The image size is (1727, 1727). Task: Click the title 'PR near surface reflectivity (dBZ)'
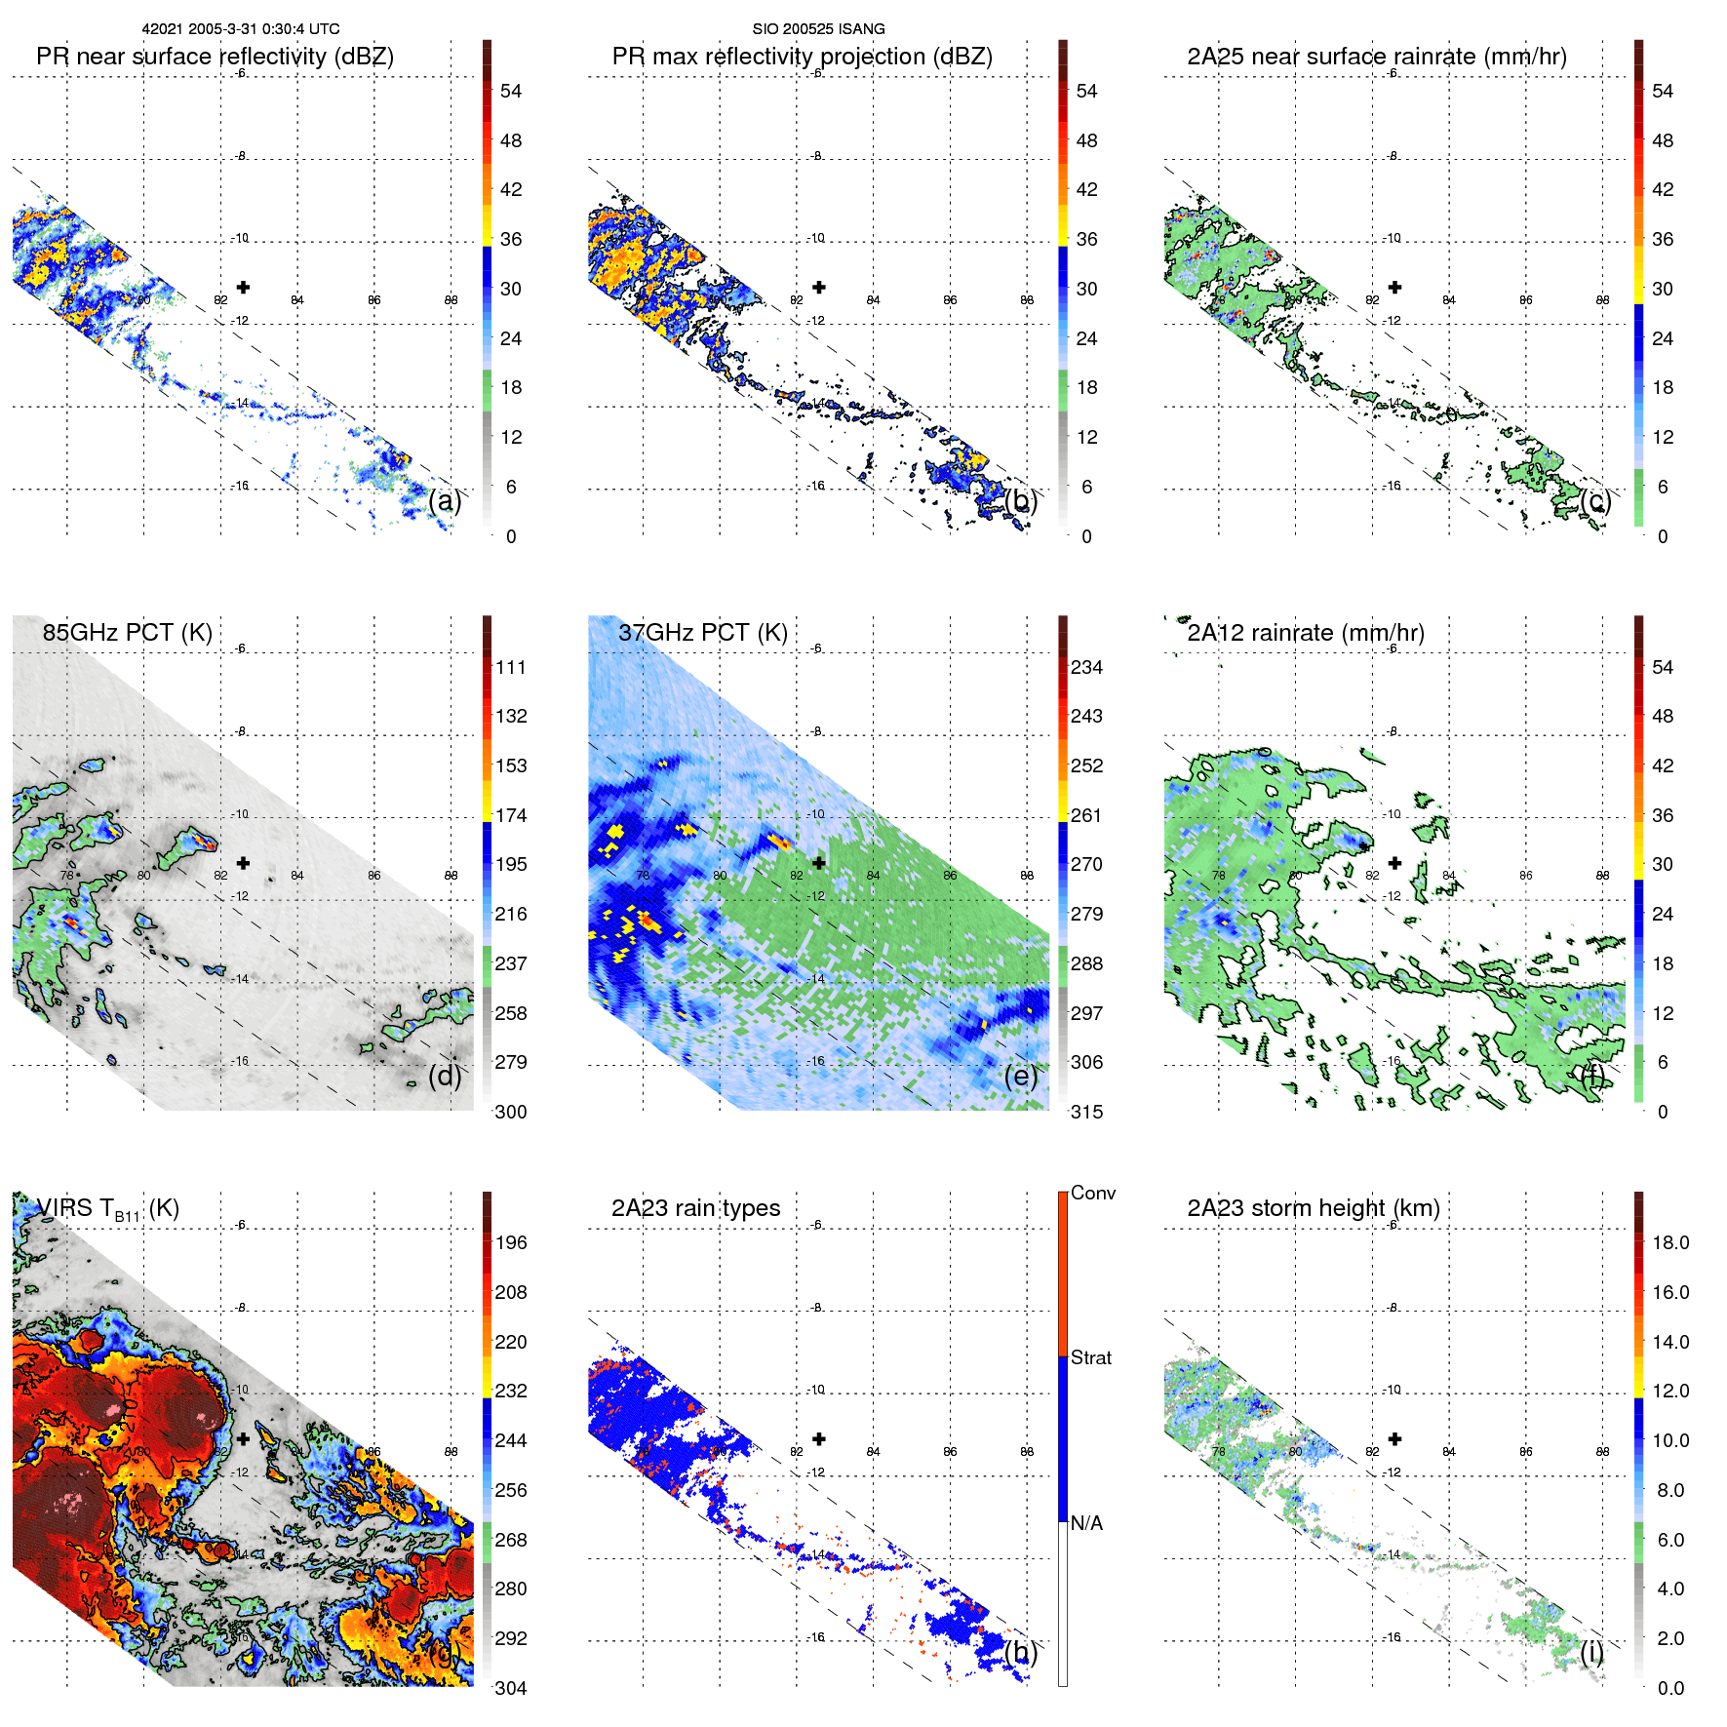point(215,57)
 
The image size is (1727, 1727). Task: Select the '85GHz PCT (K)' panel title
point(127,633)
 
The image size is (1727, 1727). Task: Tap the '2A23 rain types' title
point(695,1208)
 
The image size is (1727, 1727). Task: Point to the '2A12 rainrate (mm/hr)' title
point(1305,633)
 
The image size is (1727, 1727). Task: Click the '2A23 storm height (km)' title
point(1313,1208)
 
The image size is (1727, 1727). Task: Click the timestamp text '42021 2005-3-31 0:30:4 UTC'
point(241,29)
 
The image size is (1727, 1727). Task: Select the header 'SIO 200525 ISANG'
point(818,29)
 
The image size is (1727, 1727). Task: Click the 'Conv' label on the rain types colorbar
point(1092,1194)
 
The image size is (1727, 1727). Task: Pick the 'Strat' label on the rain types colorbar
point(1090,1358)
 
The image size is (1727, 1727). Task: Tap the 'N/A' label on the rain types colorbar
point(1086,1523)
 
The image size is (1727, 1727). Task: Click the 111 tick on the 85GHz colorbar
point(511,668)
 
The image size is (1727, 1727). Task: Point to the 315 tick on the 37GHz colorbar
point(1086,1113)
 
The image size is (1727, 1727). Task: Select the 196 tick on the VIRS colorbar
point(511,1243)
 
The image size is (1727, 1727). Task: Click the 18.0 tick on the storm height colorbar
point(1669,1243)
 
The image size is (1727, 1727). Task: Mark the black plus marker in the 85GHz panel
point(243,863)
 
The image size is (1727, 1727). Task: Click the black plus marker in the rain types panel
point(819,1438)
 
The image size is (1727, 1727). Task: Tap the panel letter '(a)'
point(445,501)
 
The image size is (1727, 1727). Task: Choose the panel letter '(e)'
point(1021,1077)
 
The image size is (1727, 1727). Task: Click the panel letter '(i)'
point(1592,1652)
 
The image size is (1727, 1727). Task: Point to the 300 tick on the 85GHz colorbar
point(511,1113)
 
